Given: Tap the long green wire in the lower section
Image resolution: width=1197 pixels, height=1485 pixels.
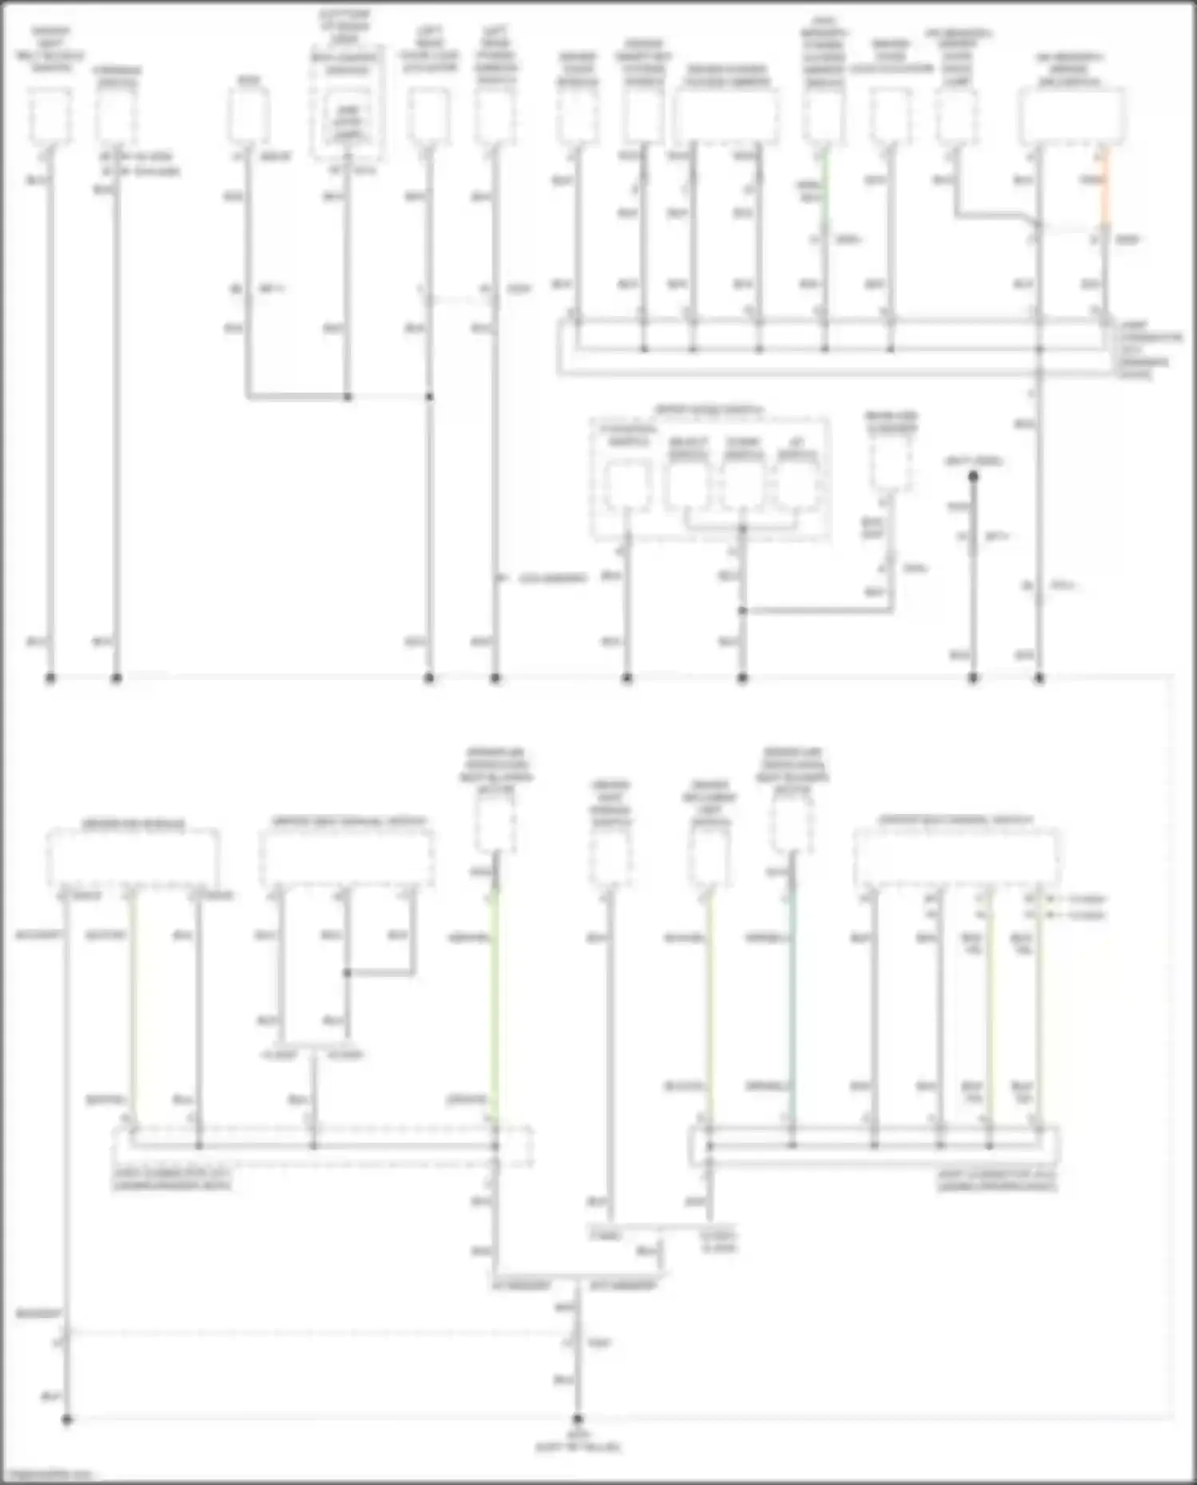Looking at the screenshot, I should pyautogui.click(x=496, y=997).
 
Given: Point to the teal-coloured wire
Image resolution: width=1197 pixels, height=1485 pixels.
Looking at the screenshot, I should pyautogui.click(x=792, y=997).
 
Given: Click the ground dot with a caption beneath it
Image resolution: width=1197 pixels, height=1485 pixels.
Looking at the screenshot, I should pyautogui.click(x=578, y=1420).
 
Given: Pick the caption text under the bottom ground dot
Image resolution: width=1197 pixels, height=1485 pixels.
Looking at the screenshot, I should pyautogui.click(x=578, y=1442).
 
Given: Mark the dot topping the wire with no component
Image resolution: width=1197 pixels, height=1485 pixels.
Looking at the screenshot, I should pyautogui.click(x=974, y=476).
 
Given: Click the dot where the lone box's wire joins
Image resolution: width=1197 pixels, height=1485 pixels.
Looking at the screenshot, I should pyautogui.click(x=743, y=611).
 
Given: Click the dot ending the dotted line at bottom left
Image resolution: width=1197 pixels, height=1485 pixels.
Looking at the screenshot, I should pyautogui.click(x=67, y=1420).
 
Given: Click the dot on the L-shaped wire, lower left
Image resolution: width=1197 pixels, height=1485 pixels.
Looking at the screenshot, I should pyautogui.click(x=347, y=974).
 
